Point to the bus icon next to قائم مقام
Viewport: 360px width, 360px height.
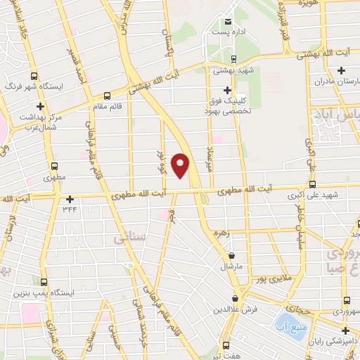point(107,96)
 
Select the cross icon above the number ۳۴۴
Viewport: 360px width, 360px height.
point(70,199)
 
